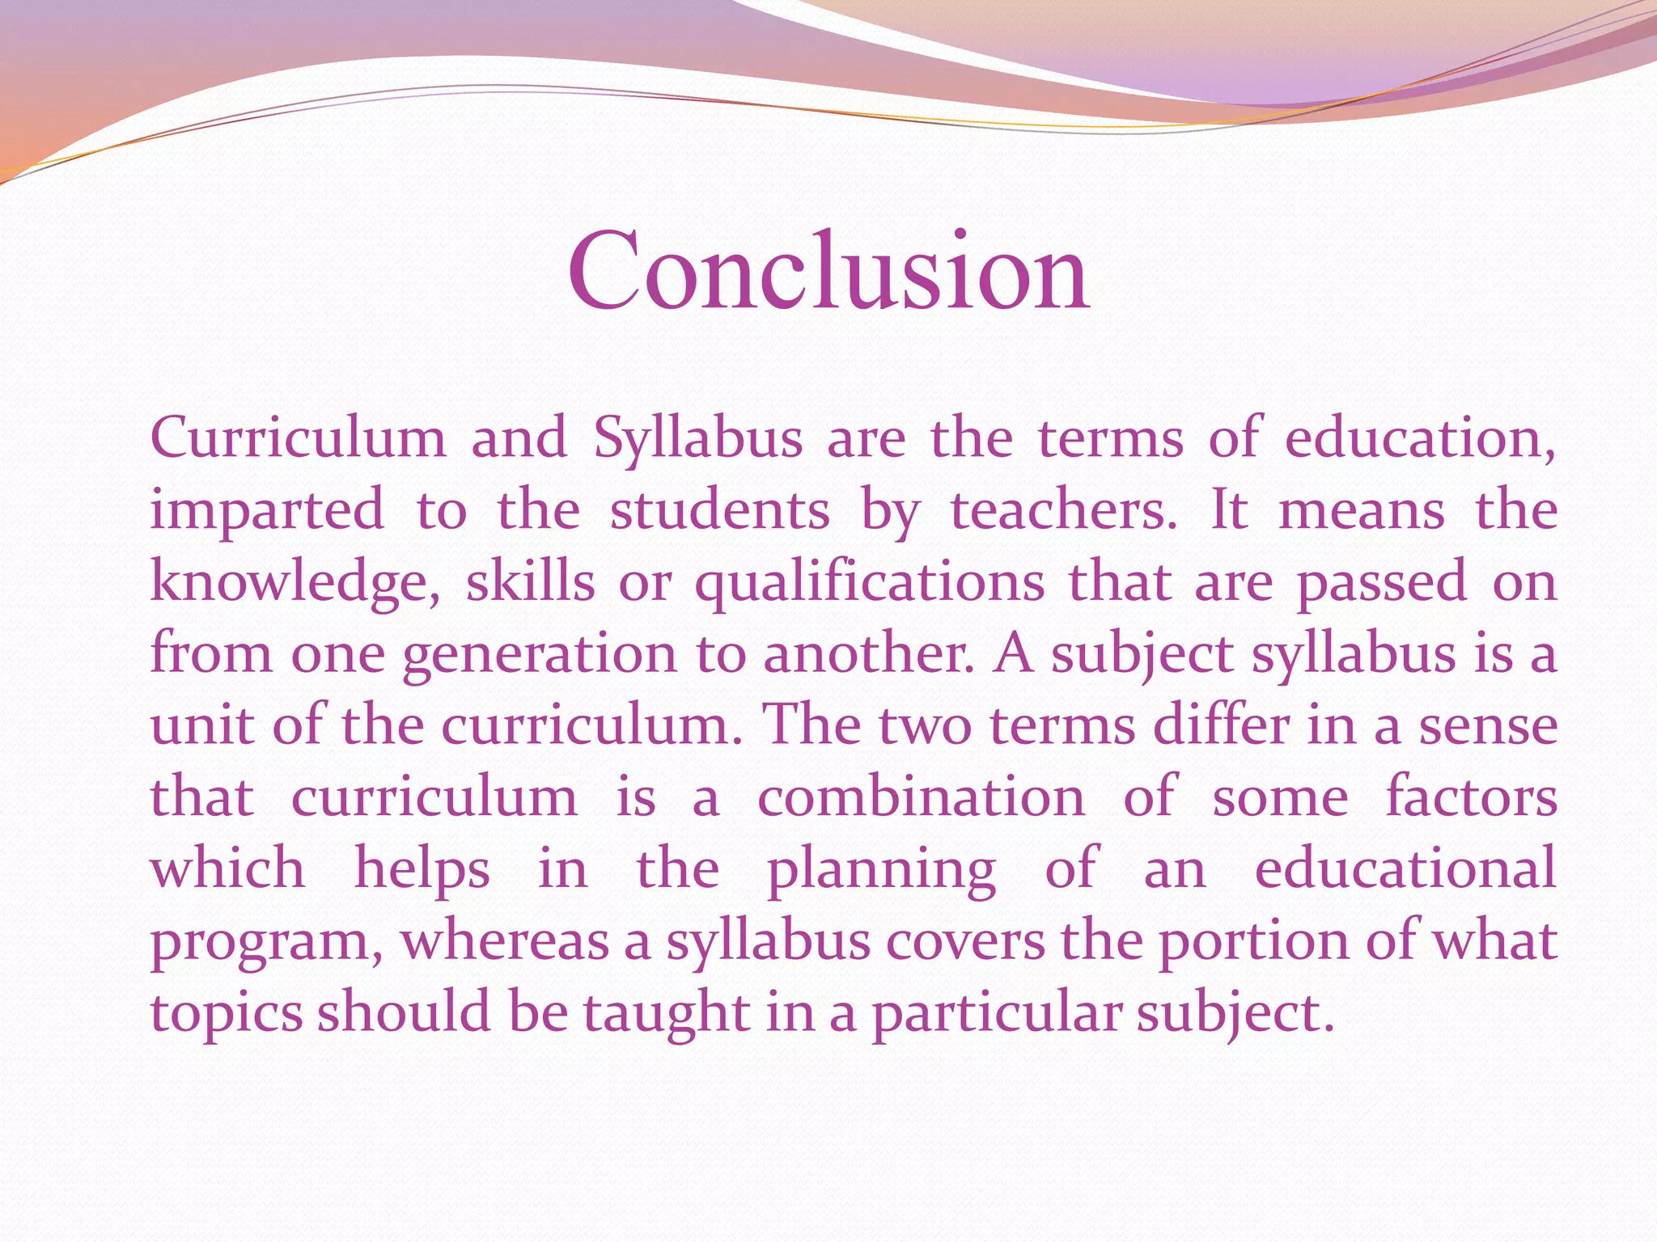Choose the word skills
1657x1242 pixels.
[x=530, y=583]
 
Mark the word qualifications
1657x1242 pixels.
[x=870, y=583]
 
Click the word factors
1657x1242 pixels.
[x=1472, y=797]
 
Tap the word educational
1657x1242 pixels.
[x=1405, y=869]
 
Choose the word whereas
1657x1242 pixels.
[x=505, y=941]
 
